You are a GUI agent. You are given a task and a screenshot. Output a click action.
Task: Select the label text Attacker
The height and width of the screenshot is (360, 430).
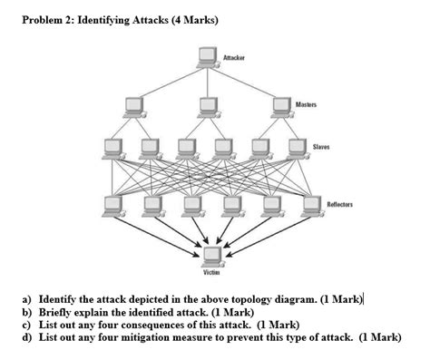click(x=234, y=57)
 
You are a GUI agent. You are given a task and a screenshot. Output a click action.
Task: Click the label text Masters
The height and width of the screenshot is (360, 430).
click(x=306, y=106)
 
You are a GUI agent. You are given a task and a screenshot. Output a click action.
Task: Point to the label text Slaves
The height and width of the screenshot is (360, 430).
click(x=320, y=146)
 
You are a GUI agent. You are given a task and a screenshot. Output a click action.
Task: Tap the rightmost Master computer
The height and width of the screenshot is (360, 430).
click(x=282, y=107)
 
